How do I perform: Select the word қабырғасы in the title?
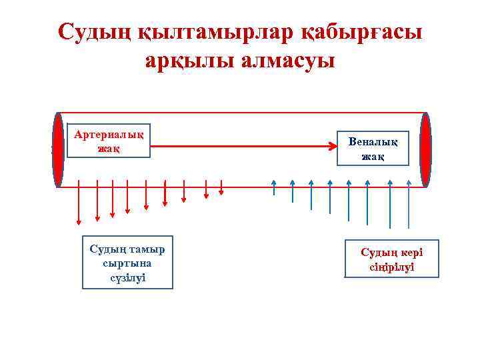[x=361, y=32]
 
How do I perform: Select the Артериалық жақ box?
[x=109, y=141]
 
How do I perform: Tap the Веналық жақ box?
[x=373, y=149]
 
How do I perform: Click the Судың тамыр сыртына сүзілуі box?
[x=127, y=263]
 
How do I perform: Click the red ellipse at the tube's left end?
[x=59, y=149]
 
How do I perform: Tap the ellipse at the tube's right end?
[x=425, y=149]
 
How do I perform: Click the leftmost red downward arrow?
[x=79, y=201]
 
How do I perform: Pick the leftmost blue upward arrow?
[x=274, y=187]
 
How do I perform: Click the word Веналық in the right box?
[x=373, y=142]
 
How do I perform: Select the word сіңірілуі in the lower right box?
[x=391, y=267]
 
